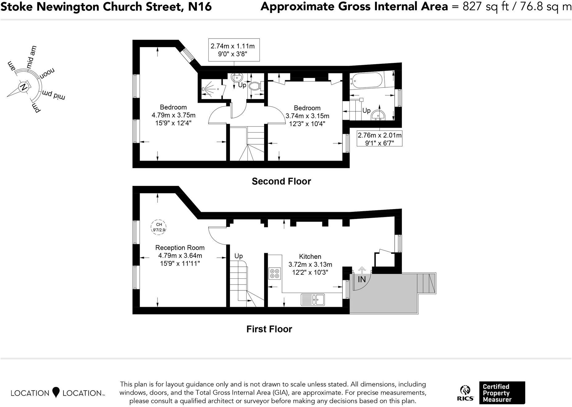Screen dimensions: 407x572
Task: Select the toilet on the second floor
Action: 255,86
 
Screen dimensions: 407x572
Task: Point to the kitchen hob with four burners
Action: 275,273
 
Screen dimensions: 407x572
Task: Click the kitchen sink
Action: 313,299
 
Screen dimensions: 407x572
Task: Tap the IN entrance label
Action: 362,280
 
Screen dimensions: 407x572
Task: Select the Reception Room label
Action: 180,248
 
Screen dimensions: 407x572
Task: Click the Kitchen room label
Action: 310,257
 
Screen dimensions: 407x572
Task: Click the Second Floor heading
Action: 281,181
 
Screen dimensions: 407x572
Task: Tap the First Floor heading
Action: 269,329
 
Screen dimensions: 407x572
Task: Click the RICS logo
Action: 465,393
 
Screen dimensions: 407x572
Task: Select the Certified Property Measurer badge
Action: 502,393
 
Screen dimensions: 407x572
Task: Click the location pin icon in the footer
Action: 56,392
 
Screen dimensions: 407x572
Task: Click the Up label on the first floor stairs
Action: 239,256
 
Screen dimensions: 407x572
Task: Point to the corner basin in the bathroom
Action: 378,115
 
